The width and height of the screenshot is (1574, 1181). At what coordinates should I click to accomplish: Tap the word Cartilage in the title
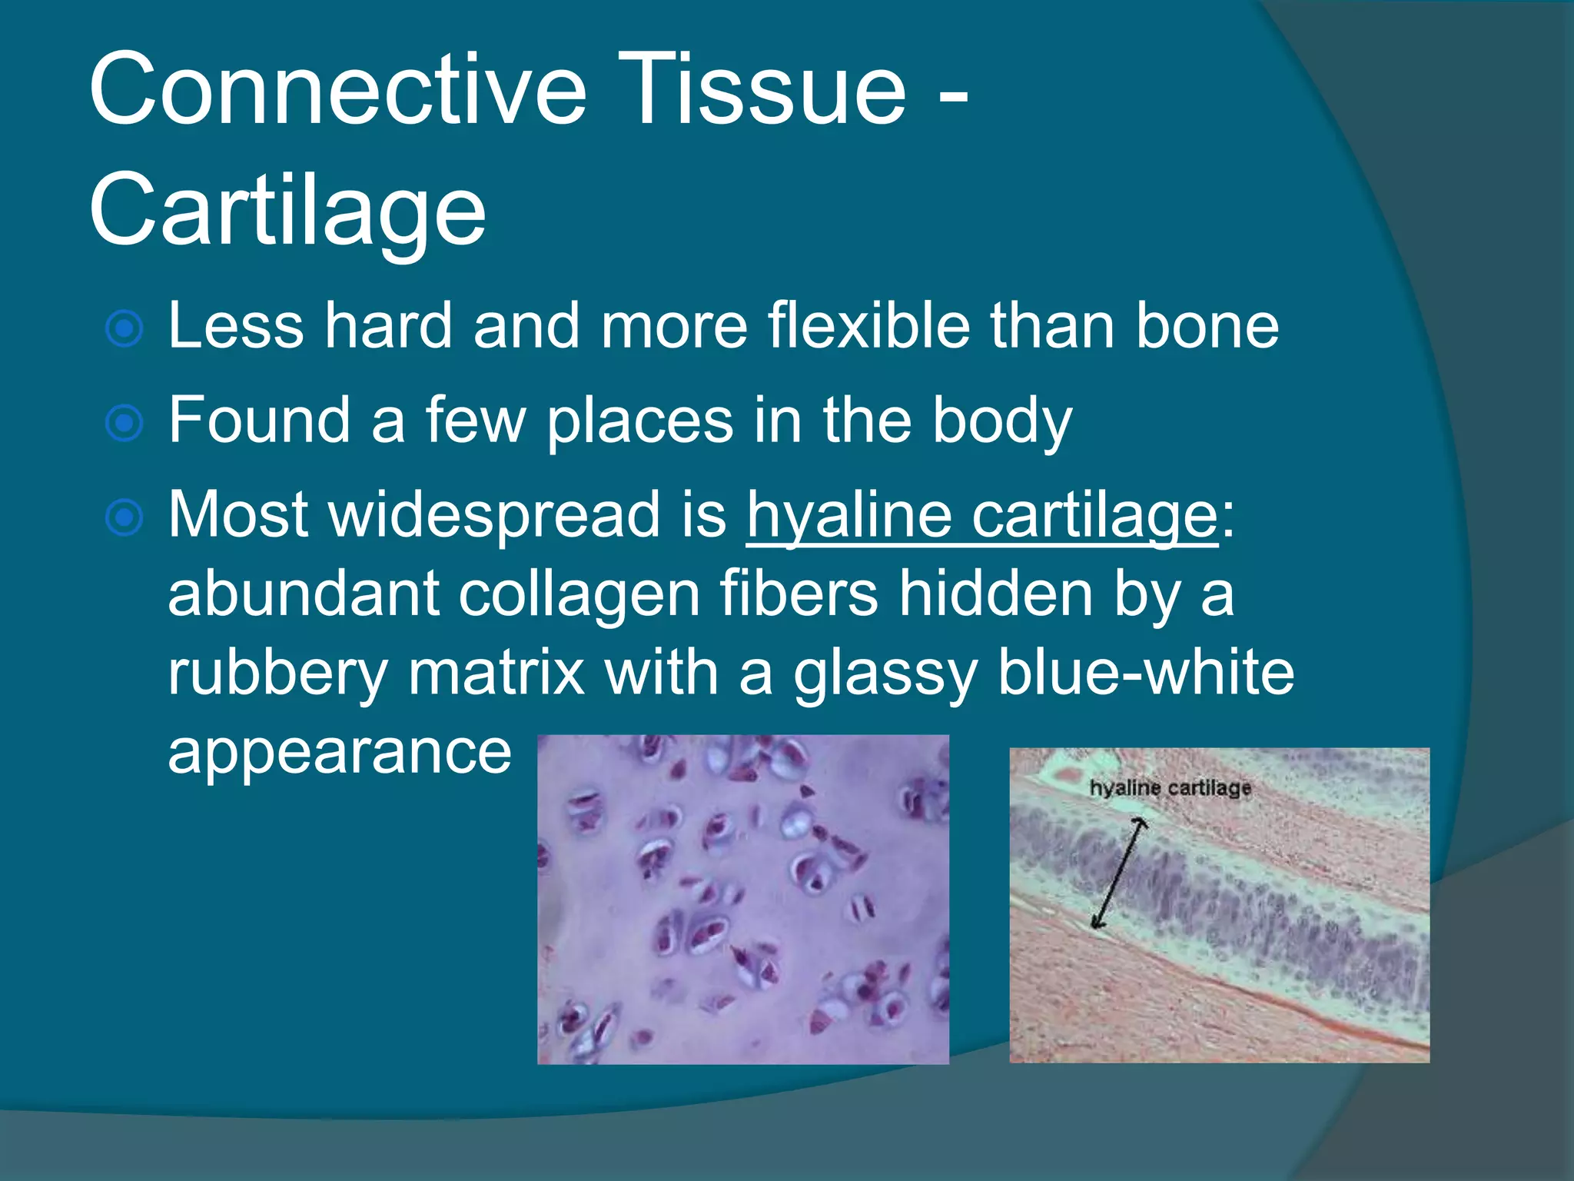(287, 210)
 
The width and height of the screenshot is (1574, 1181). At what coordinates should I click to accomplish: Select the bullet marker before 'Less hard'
(124, 329)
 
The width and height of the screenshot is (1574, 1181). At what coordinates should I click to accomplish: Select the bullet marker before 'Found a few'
(124, 423)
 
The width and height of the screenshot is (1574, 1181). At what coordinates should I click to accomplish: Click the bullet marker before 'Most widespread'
(124, 517)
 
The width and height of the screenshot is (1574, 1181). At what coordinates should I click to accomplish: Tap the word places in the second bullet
(640, 421)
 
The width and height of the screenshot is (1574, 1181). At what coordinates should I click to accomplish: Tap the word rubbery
(277, 673)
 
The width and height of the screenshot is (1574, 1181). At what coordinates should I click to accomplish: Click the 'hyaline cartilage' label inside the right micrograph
(1170, 787)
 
